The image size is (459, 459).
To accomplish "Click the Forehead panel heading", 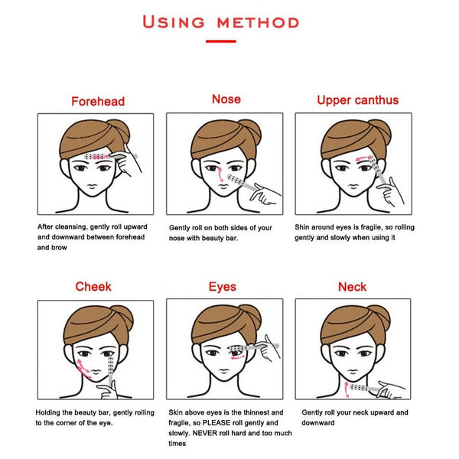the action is [x=98, y=101].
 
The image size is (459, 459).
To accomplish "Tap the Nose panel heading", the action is [x=226, y=99].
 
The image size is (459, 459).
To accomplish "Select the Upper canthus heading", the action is [x=358, y=100].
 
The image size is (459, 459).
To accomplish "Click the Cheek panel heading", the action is [x=93, y=287].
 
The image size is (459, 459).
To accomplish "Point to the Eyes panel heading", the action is [x=223, y=287].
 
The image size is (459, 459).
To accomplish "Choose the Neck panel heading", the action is [x=352, y=287].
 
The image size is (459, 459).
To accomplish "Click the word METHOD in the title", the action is [x=259, y=23].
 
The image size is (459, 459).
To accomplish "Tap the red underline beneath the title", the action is [x=221, y=41].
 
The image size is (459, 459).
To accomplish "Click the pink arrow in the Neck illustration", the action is [x=347, y=389].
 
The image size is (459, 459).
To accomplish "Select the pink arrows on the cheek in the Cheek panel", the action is [x=83, y=368].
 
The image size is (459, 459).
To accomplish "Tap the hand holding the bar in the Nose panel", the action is [x=265, y=194].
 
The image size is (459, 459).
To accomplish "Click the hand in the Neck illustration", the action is [x=391, y=389].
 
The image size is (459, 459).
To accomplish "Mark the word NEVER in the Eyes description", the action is [x=203, y=433].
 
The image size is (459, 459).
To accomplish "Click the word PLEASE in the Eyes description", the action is [x=216, y=423].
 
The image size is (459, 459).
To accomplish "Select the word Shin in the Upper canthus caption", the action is [x=302, y=227].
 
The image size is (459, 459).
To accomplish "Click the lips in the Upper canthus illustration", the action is [x=353, y=186].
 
